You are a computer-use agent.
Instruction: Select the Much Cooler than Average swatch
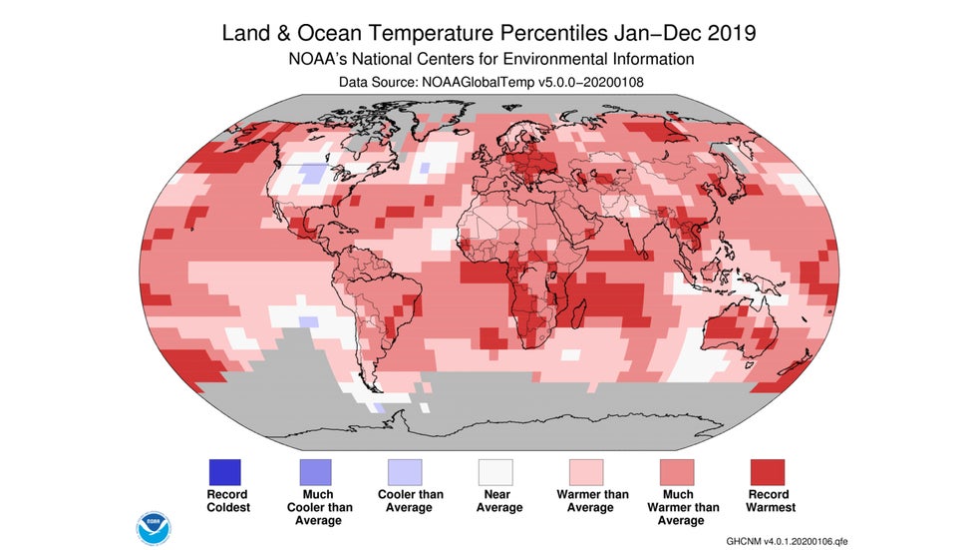(316, 471)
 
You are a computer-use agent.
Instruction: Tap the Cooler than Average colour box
(405, 471)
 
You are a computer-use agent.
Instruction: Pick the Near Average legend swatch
(494, 471)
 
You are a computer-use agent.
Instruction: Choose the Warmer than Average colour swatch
(586, 471)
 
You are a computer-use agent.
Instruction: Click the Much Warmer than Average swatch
(677, 471)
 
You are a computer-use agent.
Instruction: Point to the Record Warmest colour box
(767, 471)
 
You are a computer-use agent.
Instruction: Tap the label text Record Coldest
(226, 501)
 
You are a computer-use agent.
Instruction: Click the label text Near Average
(494, 501)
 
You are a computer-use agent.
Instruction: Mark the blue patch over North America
(313, 174)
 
